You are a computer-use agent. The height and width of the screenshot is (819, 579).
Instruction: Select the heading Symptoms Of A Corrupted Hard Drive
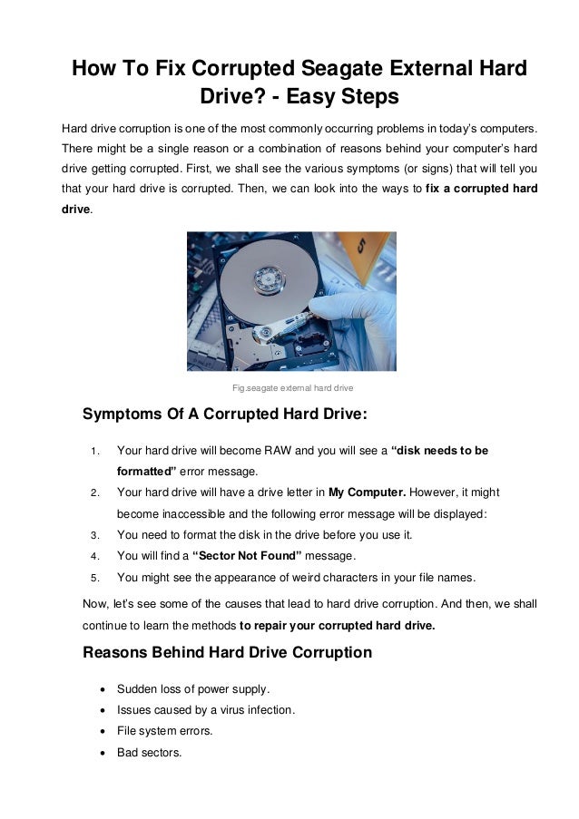[x=225, y=415]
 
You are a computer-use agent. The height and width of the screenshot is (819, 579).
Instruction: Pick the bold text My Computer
[x=367, y=492]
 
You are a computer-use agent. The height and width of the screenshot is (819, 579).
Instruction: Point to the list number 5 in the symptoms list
[x=94, y=578]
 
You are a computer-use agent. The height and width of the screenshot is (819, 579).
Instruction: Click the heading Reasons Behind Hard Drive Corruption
[x=227, y=652]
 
